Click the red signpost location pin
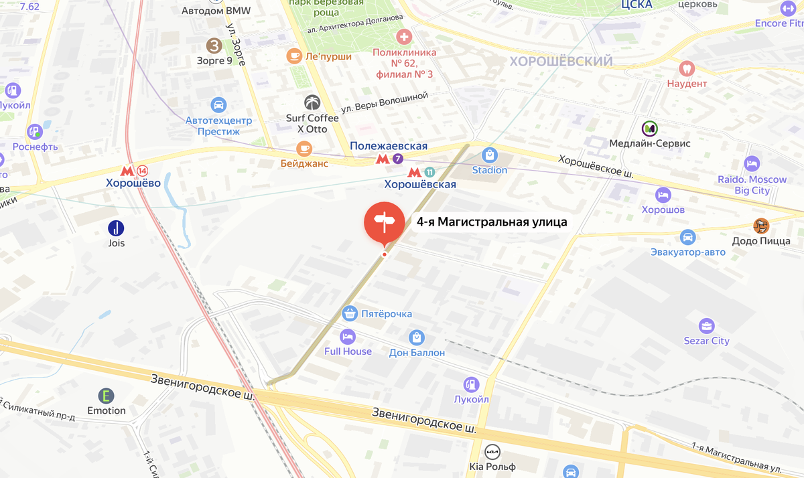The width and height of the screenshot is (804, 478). tap(384, 223)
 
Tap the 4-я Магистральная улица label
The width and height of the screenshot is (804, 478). tap(492, 222)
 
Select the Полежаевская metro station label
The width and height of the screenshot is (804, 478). tap(389, 146)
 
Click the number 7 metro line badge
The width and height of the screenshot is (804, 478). tap(398, 159)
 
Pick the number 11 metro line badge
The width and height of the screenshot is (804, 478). tap(429, 172)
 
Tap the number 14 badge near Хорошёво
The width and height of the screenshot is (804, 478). tap(141, 171)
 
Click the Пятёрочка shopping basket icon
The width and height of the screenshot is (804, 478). tap(349, 313)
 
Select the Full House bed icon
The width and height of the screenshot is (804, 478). tap(347, 336)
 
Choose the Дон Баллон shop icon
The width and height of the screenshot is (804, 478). tap(417, 337)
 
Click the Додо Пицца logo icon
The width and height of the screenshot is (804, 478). tap(761, 226)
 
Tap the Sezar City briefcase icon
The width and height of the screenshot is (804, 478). tap(706, 326)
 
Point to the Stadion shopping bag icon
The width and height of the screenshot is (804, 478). tap(490, 155)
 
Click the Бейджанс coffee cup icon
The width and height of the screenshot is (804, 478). tap(304, 149)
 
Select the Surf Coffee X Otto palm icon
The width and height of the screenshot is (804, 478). tap(312, 102)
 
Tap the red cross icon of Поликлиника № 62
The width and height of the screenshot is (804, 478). tap(404, 36)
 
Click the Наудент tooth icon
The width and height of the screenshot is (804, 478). tap(687, 68)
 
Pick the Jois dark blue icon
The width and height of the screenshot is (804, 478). tap(117, 228)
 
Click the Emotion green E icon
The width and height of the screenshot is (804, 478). tap(106, 396)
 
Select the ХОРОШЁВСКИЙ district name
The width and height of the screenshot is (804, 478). tap(561, 62)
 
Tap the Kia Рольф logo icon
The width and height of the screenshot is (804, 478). tap(492, 451)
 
